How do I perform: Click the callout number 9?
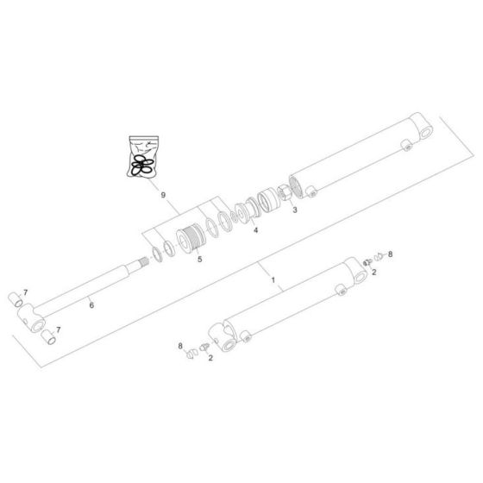[x=163, y=195]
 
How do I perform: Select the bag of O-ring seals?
[x=143, y=157]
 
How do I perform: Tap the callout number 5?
[x=200, y=260]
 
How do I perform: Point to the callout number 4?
[x=255, y=230]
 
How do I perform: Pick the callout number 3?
[x=295, y=210]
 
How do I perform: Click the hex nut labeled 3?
[x=285, y=193]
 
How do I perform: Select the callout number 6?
[x=91, y=305]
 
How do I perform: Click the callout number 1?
[x=273, y=280]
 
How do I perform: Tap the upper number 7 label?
[x=26, y=292]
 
